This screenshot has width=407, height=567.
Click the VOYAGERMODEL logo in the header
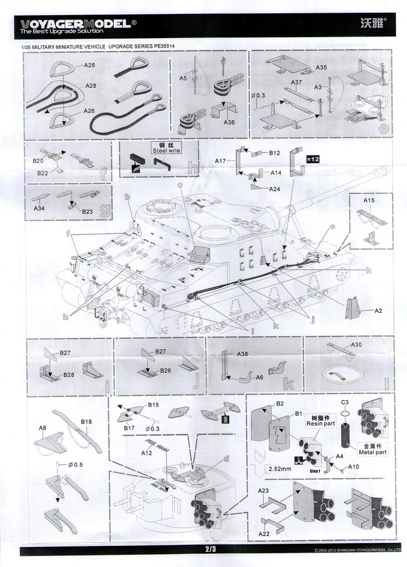click(x=75, y=24)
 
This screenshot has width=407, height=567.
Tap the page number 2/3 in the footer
click(x=210, y=549)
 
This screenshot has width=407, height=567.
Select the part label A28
click(x=91, y=86)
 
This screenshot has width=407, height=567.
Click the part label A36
click(x=230, y=122)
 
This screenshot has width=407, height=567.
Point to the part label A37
click(x=296, y=83)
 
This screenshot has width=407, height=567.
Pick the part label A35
click(x=321, y=68)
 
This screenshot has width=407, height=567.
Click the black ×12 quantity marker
click(x=313, y=159)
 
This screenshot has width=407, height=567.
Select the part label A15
click(x=369, y=200)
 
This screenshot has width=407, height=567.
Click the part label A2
click(x=378, y=311)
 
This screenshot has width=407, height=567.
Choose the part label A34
click(x=39, y=209)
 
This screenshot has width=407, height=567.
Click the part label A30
click(x=356, y=344)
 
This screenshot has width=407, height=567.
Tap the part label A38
click(x=243, y=354)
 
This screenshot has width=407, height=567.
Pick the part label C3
click(x=344, y=402)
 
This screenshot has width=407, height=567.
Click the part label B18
click(x=86, y=422)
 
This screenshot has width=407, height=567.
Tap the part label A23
click(x=263, y=491)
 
